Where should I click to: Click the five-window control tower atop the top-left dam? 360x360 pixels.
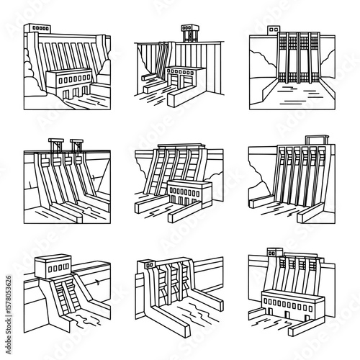pos(37,28)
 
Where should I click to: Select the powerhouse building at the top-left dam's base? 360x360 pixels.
pos(68,83)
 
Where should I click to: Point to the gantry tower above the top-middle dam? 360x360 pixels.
pos(190,33)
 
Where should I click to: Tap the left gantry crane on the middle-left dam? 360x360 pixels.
pos(56,145)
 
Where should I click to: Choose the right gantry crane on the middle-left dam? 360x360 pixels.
pos(77,145)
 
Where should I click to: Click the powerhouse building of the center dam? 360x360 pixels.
pos(189,193)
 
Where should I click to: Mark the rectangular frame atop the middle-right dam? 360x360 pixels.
pos(317,140)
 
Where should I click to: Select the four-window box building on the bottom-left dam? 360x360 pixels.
pos(53,266)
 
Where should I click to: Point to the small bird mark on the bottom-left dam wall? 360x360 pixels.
pos(97,282)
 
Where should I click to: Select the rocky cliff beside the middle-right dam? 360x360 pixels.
pos(261,178)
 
